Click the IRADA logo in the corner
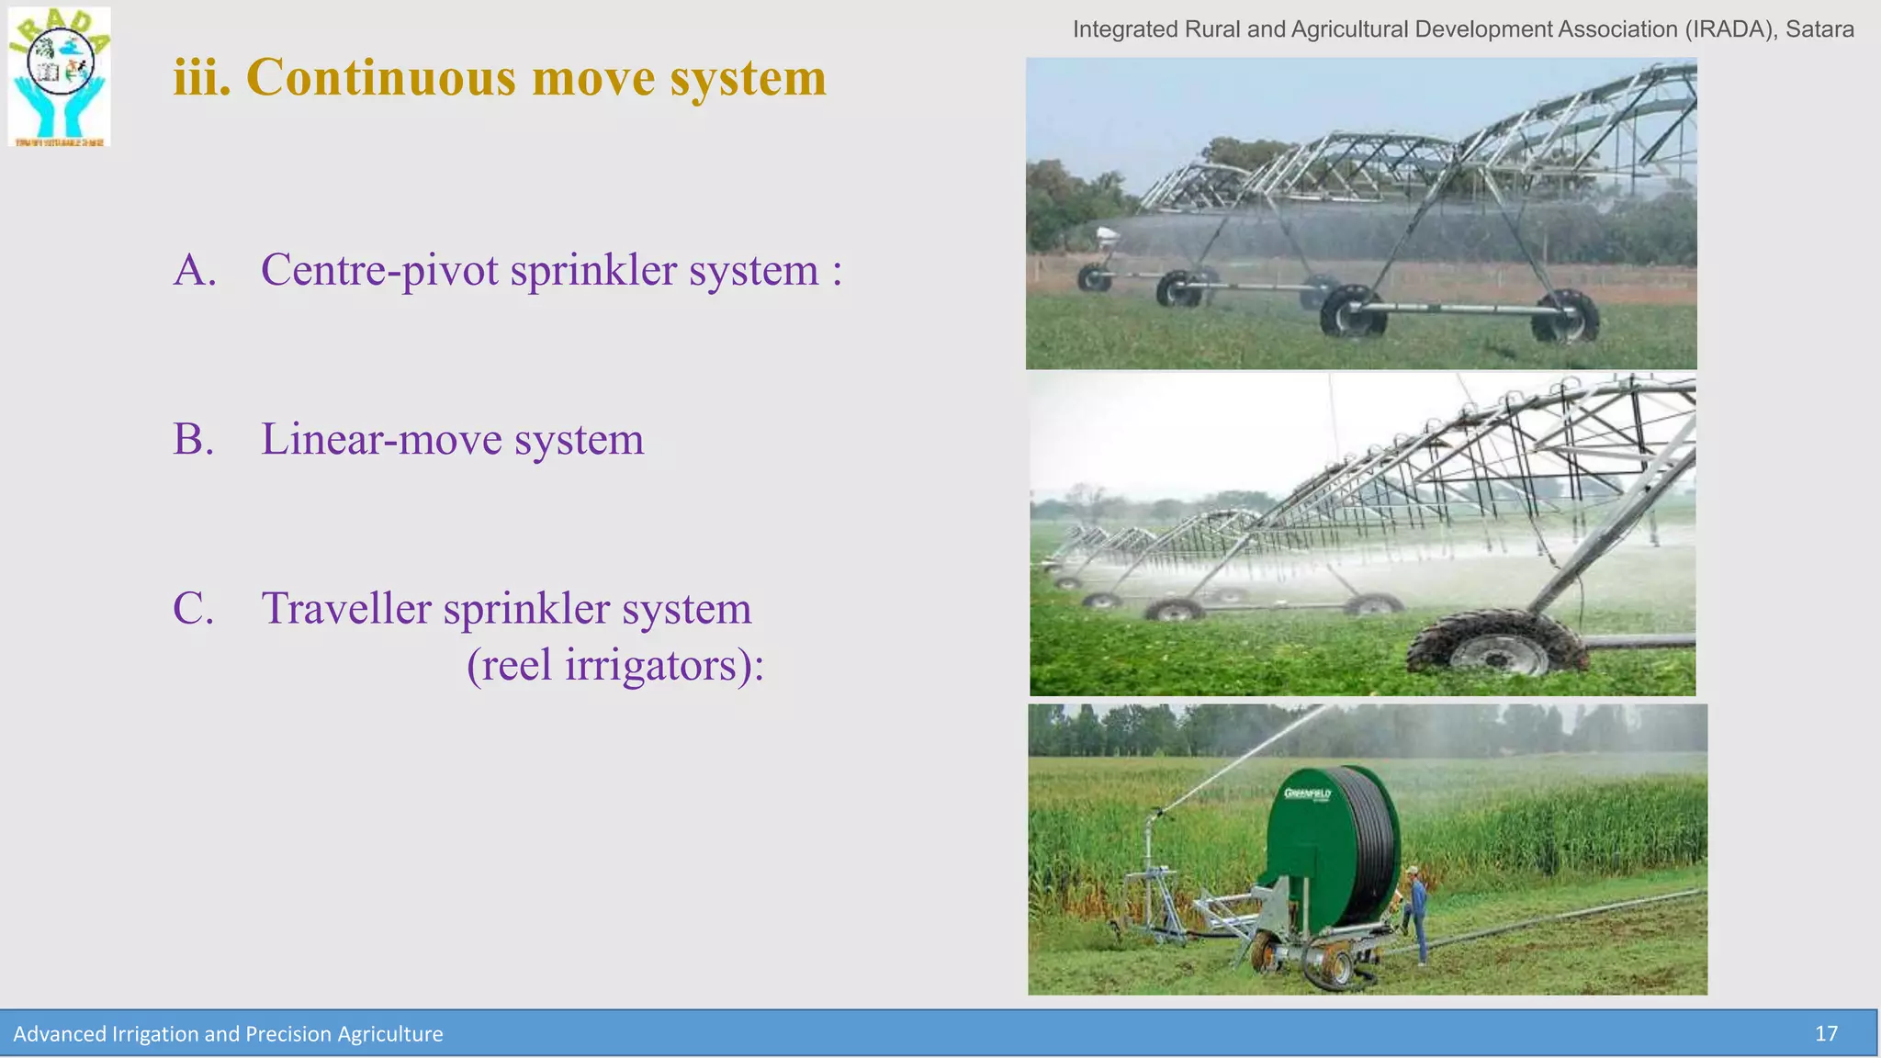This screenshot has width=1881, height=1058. click(x=60, y=77)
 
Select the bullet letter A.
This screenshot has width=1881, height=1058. click(x=194, y=270)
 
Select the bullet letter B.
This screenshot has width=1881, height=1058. click(x=193, y=439)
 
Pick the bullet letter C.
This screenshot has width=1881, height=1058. click(x=193, y=609)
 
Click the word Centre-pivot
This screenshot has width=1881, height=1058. click(x=379, y=271)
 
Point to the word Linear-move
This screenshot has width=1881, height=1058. click(x=379, y=439)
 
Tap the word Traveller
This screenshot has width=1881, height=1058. click(x=346, y=609)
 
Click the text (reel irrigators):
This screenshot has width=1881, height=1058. click(x=614, y=666)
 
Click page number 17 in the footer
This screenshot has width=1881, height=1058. click(x=1826, y=1034)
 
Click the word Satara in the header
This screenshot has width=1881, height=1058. click(x=1819, y=29)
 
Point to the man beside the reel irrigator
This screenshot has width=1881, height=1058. click(x=1418, y=914)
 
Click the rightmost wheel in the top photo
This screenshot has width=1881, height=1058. click(x=1567, y=318)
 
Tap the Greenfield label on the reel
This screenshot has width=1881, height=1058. click(x=1307, y=793)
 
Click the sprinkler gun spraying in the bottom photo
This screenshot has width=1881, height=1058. click(x=1159, y=814)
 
